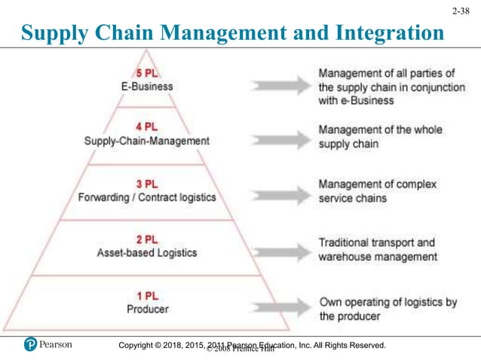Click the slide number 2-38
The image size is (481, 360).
[463, 12]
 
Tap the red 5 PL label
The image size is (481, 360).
[146, 74]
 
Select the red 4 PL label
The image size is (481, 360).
[146, 127]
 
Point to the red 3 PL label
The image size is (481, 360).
[146, 184]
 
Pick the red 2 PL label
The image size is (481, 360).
[146, 239]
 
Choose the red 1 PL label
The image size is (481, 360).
[146, 295]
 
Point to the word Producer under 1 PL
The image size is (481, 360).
[147, 308]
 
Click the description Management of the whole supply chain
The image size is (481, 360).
[379, 136]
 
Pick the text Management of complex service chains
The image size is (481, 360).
[377, 191]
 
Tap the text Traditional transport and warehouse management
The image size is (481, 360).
[377, 249]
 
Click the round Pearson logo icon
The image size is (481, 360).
[31, 345]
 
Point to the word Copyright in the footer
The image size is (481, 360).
[143, 345]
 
